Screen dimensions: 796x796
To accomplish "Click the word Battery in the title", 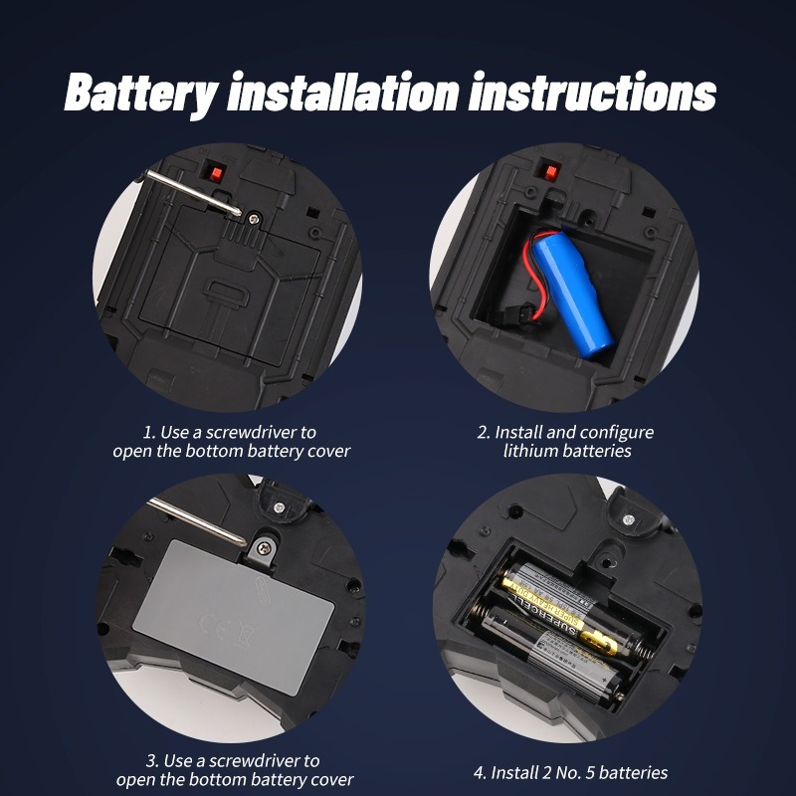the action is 141,94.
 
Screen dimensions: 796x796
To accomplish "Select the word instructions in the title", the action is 592,92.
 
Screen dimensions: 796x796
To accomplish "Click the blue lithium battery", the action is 572,295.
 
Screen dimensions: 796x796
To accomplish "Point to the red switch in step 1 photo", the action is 216,173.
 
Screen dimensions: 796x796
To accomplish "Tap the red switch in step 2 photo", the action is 550,172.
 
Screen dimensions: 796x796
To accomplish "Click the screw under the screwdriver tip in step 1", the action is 254,219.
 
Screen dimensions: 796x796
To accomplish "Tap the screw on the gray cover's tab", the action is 264,548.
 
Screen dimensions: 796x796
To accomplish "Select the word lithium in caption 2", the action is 526,451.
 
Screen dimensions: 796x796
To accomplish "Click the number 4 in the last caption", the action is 479,773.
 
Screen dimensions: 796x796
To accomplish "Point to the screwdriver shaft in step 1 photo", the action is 193,193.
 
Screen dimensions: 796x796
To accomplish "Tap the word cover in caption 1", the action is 332,452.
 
